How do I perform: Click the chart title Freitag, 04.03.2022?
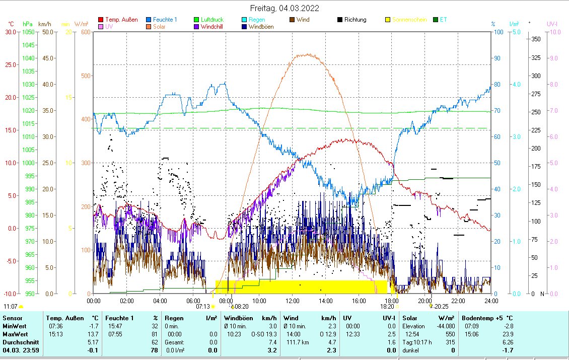tap(284, 9)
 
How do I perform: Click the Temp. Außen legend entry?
tap(121, 20)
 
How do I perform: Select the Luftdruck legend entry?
tap(211, 20)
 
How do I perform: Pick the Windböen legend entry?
tap(261, 27)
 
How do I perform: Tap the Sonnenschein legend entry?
tap(409, 20)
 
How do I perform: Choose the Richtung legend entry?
tap(355, 20)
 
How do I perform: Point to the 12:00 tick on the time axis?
tap(293, 301)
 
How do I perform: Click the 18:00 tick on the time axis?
tap(392, 301)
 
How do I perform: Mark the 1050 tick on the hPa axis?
tap(28, 32)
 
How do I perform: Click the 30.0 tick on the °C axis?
tap(10, 32)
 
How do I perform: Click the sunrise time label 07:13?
tap(203, 306)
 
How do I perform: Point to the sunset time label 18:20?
tap(387, 306)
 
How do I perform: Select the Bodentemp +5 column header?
tap(486, 318)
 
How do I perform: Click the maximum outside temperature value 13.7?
tap(92, 334)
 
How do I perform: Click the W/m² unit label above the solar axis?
tap(82, 24)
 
